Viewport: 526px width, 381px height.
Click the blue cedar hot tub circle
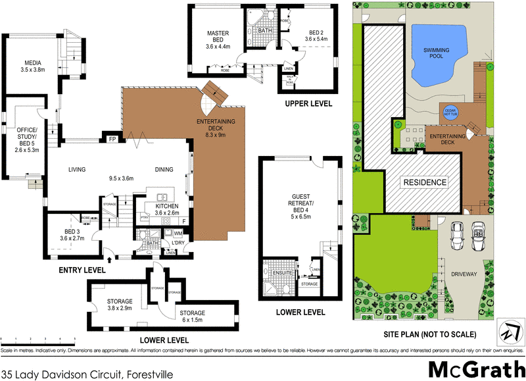tap(450, 112)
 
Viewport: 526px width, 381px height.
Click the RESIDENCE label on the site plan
tap(424, 182)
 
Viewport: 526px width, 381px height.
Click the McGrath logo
tap(474, 365)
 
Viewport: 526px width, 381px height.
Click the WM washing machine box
tap(178, 233)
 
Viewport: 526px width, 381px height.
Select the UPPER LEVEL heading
tap(308, 104)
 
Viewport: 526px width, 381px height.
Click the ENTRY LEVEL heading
tap(82, 270)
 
